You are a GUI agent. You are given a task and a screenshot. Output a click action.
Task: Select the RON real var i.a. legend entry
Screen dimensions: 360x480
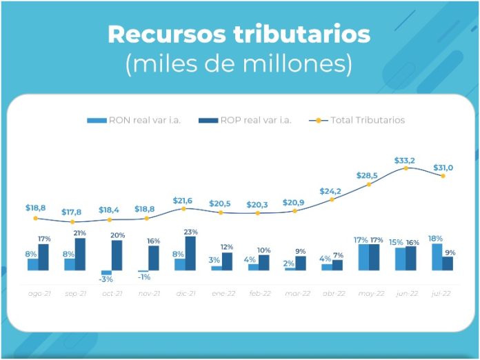point(136,120)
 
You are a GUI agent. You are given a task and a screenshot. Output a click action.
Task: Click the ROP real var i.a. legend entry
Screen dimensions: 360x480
point(246,120)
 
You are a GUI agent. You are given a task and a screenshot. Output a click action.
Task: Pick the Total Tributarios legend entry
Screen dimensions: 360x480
point(359,120)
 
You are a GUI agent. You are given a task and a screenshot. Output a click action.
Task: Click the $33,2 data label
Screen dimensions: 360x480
point(406,160)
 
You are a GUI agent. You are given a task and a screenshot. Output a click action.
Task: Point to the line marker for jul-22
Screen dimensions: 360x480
point(443,176)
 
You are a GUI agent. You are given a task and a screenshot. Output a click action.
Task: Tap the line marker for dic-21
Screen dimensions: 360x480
point(183,208)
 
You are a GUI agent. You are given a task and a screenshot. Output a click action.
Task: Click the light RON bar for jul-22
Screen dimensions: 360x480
point(437,257)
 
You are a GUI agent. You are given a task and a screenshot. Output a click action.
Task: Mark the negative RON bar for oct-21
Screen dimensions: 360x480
point(106,272)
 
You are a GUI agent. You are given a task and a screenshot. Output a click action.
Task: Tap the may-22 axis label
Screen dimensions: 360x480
point(371,293)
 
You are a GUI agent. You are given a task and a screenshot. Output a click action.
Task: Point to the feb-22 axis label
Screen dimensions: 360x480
point(259,293)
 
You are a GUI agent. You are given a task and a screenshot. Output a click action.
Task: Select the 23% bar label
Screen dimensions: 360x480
point(190,232)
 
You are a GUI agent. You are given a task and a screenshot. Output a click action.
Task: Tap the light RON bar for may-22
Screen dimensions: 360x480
point(363,257)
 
